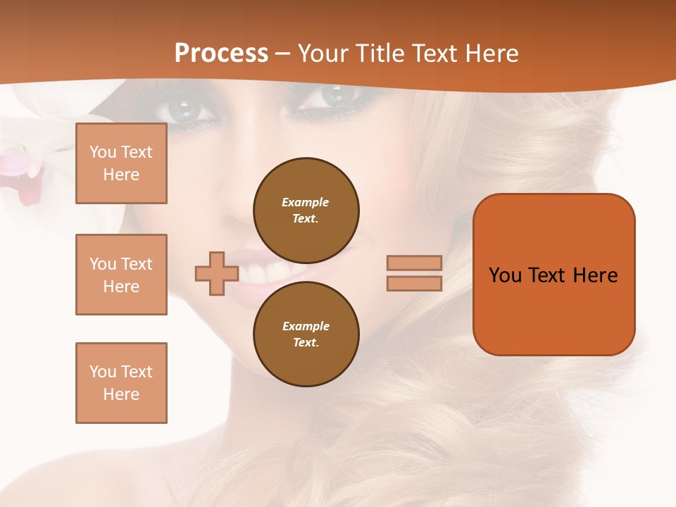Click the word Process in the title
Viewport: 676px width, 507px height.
tap(221, 54)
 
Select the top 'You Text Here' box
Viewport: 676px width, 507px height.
tap(121, 163)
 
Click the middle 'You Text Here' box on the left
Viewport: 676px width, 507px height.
tap(121, 275)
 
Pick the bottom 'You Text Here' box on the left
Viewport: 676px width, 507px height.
tap(121, 383)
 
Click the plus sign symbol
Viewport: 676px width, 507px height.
tap(217, 273)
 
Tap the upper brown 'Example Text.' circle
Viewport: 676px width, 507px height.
tap(306, 211)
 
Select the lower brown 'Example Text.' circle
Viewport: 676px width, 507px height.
tap(306, 334)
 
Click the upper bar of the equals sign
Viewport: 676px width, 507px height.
tap(414, 263)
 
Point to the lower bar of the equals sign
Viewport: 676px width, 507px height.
tap(414, 283)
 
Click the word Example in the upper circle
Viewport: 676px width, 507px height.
tap(306, 202)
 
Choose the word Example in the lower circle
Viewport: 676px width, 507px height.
tap(306, 326)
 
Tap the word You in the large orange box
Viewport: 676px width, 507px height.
tap(505, 275)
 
